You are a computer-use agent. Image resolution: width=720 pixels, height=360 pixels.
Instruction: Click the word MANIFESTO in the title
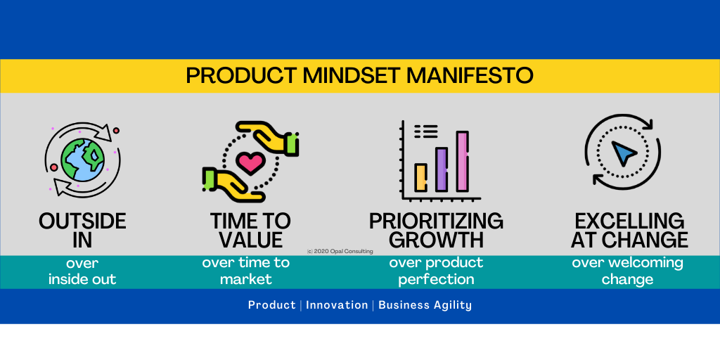tap(470, 76)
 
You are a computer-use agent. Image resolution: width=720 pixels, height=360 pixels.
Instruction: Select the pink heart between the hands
tap(251, 163)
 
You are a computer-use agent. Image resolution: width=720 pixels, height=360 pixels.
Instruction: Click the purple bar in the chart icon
tap(442, 169)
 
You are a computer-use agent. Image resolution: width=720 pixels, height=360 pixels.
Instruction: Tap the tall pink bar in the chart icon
tap(463, 161)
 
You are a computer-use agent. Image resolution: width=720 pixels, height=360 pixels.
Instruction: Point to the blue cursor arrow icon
tap(623, 153)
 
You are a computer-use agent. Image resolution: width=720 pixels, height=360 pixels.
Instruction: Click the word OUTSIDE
tap(83, 221)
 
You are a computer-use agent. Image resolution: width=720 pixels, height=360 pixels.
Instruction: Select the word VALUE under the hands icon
tap(251, 240)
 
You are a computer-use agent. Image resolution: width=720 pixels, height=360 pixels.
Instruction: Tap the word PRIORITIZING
tap(436, 221)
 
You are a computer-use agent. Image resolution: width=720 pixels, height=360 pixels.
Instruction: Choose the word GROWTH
tap(439, 240)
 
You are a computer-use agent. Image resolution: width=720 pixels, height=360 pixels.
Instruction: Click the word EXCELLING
tap(629, 221)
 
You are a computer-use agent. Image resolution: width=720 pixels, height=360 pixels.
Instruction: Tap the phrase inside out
tap(83, 278)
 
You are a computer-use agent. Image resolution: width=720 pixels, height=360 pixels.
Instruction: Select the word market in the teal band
tap(246, 278)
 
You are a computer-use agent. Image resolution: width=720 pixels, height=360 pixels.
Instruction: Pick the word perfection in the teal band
tap(436, 279)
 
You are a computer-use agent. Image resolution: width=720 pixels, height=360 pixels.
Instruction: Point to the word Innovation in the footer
tap(337, 305)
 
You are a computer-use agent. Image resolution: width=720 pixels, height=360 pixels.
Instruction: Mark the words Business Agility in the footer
tap(425, 305)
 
